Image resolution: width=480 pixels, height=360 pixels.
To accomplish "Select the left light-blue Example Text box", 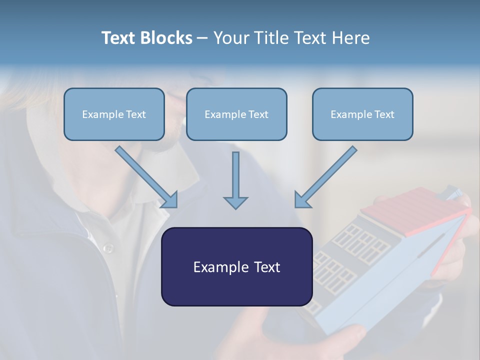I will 114,114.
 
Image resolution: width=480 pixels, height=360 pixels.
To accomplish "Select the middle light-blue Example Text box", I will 236,114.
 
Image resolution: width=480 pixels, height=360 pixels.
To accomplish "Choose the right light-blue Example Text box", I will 362,114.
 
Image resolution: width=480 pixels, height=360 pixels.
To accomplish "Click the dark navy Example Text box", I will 236,267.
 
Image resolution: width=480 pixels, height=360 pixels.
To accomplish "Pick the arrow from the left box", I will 145,176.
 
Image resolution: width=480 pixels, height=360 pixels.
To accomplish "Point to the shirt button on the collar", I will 107,248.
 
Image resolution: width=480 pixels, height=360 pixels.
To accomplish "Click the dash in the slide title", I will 202,38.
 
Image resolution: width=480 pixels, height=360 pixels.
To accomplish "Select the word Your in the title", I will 230,38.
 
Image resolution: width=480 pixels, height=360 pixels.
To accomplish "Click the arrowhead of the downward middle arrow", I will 235,202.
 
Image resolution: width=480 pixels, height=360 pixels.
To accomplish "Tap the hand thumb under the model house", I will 350,335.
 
